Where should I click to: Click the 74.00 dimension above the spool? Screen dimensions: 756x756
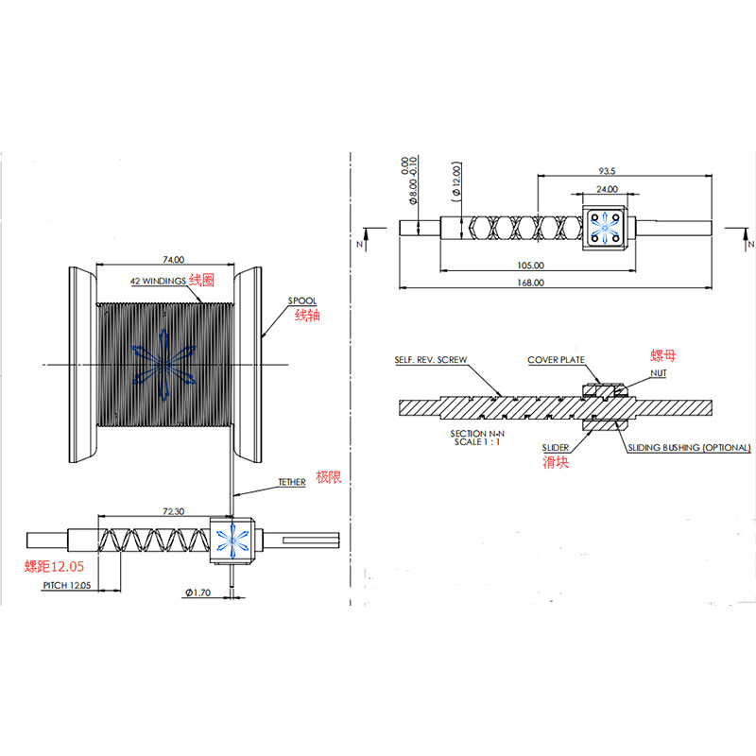click(173, 259)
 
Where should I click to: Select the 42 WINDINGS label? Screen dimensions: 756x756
click(158, 282)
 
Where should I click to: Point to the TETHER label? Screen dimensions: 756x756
click(291, 482)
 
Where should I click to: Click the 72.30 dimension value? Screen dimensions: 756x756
click(173, 511)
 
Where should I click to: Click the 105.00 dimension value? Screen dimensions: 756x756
click(531, 266)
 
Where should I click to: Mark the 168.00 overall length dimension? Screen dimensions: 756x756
click(531, 283)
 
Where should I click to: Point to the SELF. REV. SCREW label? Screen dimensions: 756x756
click(431, 360)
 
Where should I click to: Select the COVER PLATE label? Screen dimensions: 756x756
click(557, 360)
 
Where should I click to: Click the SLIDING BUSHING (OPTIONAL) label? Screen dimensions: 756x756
click(689, 447)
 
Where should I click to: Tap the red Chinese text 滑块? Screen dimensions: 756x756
click(555, 462)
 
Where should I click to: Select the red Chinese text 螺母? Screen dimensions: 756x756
click(663, 356)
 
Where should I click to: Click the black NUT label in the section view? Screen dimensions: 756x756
click(659, 373)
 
